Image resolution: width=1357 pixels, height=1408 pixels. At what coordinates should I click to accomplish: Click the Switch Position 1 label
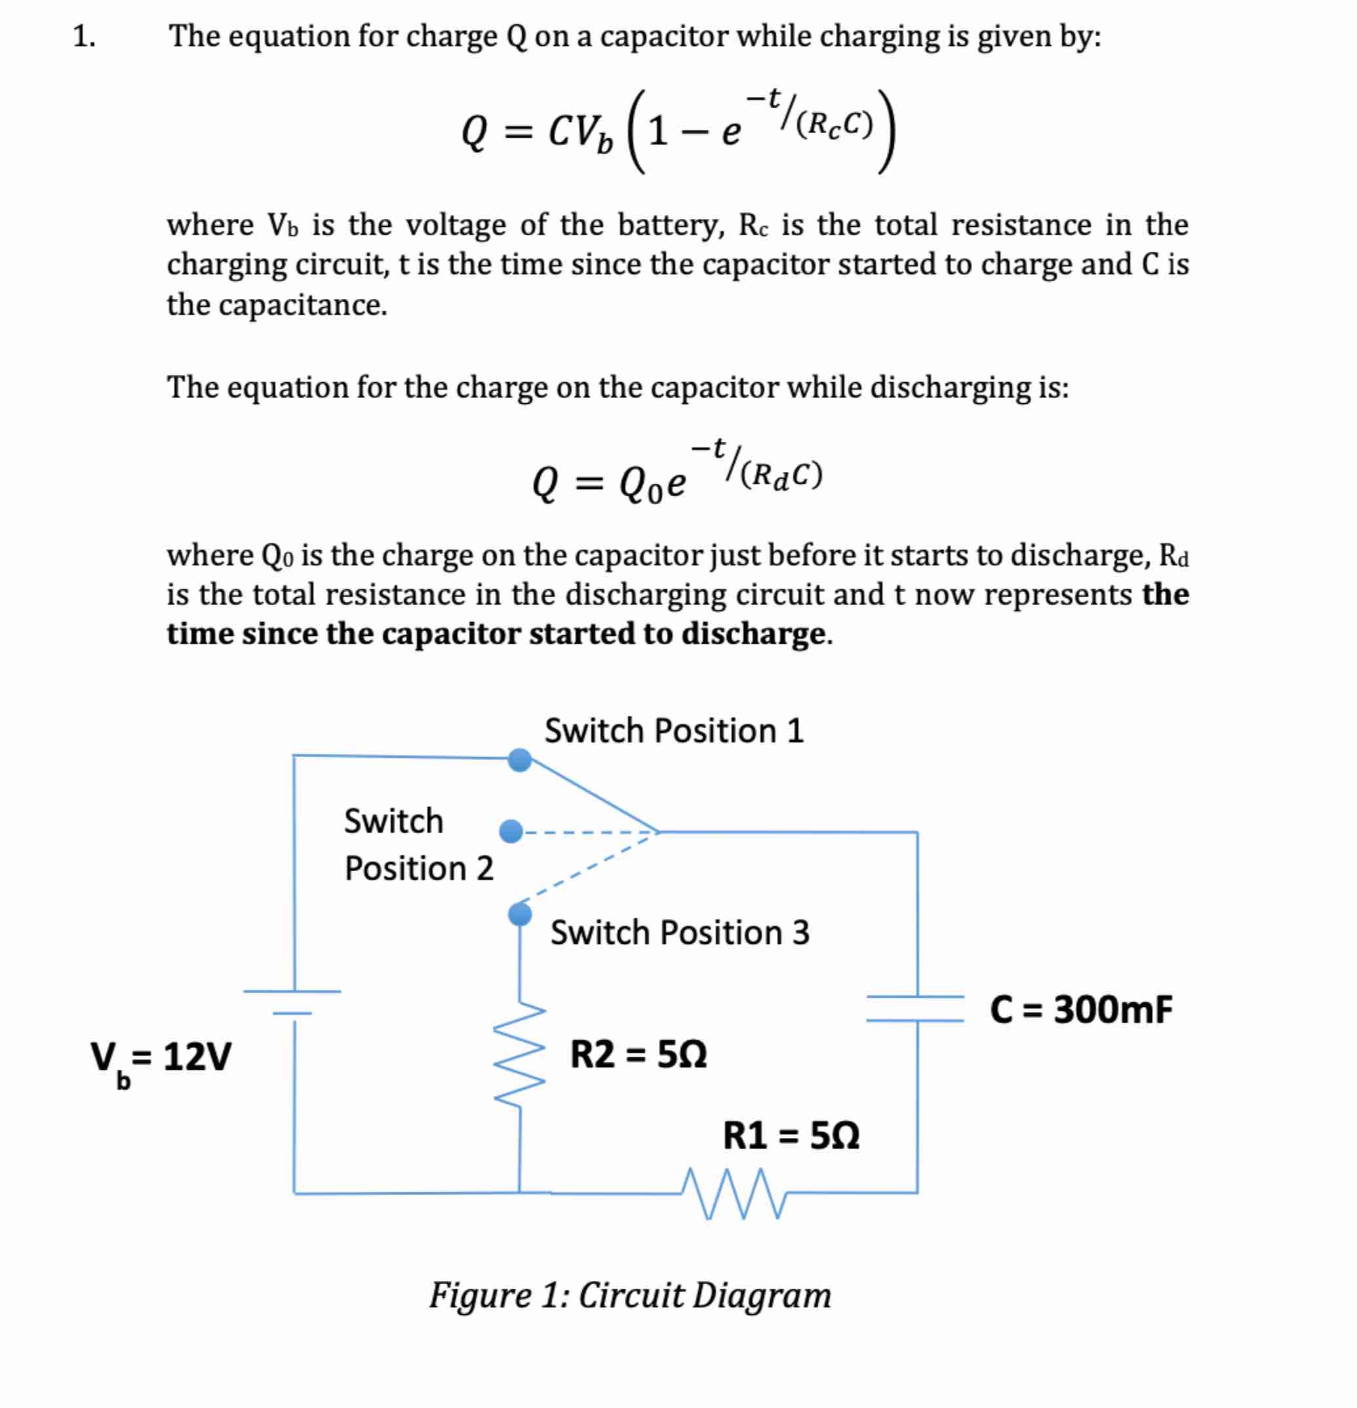click(x=673, y=731)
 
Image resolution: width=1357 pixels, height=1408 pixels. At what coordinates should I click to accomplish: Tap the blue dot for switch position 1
click(x=519, y=759)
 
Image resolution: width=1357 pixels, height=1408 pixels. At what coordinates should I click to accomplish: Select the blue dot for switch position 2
click(x=511, y=831)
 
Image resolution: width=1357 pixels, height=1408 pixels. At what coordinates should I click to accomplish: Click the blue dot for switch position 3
click(x=519, y=914)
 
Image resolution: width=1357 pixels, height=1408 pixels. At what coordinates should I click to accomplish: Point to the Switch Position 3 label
click(x=680, y=933)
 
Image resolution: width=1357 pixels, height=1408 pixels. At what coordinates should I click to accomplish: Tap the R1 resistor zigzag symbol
click(x=734, y=1193)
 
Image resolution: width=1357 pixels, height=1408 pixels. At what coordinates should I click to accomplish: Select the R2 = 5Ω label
click(x=638, y=1055)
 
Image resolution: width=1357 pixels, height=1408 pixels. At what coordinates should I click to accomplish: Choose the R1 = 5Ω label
click(x=790, y=1136)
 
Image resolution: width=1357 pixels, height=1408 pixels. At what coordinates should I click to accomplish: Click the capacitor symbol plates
click(x=916, y=1008)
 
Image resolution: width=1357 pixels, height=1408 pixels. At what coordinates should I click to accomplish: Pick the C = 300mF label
click(x=1080, y=1009)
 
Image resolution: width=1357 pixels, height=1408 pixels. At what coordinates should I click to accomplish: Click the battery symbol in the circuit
click(x=292, y=1002)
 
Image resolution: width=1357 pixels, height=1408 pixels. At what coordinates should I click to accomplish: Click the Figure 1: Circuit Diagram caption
click(x=629, y=1295)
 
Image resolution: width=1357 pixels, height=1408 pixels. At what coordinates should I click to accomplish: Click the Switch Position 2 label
click(x=418, y=844)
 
